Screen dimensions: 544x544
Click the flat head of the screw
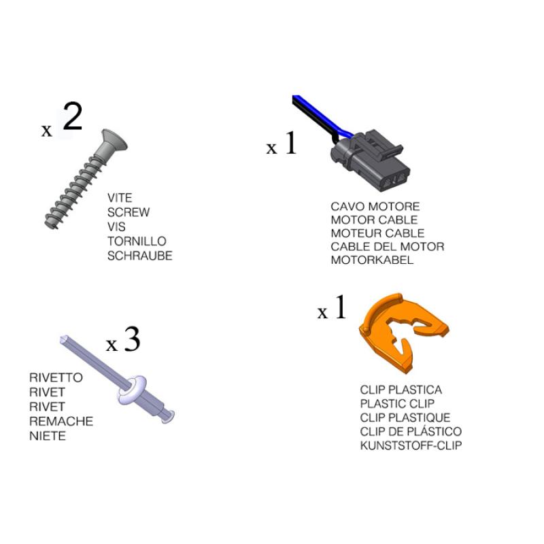coord(113,141)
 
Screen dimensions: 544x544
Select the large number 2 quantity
coord(73,116)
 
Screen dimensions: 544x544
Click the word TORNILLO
coord(137,241)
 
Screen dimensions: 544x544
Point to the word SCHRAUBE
coord(140,256)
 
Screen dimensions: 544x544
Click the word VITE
coord(120,198)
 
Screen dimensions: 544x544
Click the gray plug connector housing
coord(372,160)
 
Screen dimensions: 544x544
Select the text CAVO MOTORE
coord(375,207)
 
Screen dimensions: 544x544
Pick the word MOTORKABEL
coord(372,260)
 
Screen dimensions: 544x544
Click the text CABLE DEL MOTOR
coord(388,247)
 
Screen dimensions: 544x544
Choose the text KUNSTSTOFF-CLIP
coord(411,445)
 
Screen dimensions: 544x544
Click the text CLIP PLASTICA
coord(401,390)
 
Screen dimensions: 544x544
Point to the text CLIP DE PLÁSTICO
coord(411,431)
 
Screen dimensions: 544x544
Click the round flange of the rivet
coord(132,390)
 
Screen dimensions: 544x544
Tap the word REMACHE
coord(61,421)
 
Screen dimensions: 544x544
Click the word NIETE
coord(48,436)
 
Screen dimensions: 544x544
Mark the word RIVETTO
coord(56,377)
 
